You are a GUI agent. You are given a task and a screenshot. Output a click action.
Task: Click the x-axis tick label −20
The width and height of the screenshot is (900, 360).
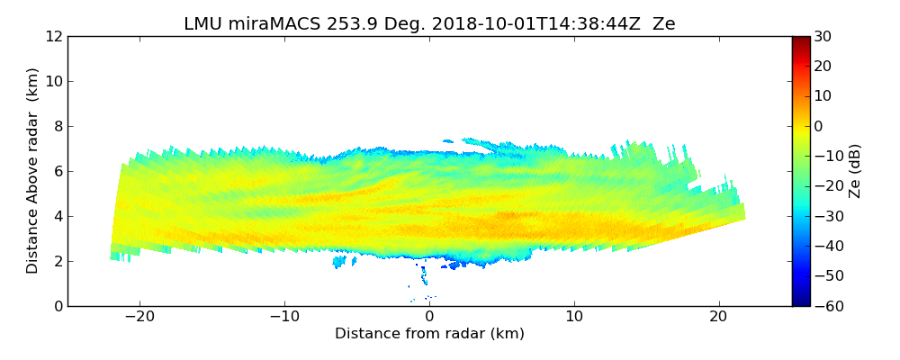tap(139, 318)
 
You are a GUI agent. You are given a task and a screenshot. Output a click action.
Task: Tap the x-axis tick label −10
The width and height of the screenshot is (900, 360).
tap(284, 318)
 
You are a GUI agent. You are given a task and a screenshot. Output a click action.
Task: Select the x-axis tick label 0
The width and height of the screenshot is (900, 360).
tap(429, 318)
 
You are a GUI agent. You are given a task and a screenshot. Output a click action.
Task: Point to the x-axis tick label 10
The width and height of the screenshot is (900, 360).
tap(574, 318)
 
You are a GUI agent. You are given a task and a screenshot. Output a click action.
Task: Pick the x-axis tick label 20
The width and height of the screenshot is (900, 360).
tap(719, 318)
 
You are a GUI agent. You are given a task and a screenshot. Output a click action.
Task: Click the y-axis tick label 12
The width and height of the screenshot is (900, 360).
tap(53, 37)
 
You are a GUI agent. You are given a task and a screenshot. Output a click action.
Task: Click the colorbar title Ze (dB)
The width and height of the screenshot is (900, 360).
tap(855, 171)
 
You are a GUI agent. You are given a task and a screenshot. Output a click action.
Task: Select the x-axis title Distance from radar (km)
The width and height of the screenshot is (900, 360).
tap(429, 334)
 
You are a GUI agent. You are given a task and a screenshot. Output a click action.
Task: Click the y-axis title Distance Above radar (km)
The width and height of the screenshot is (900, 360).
tap(33, 171)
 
